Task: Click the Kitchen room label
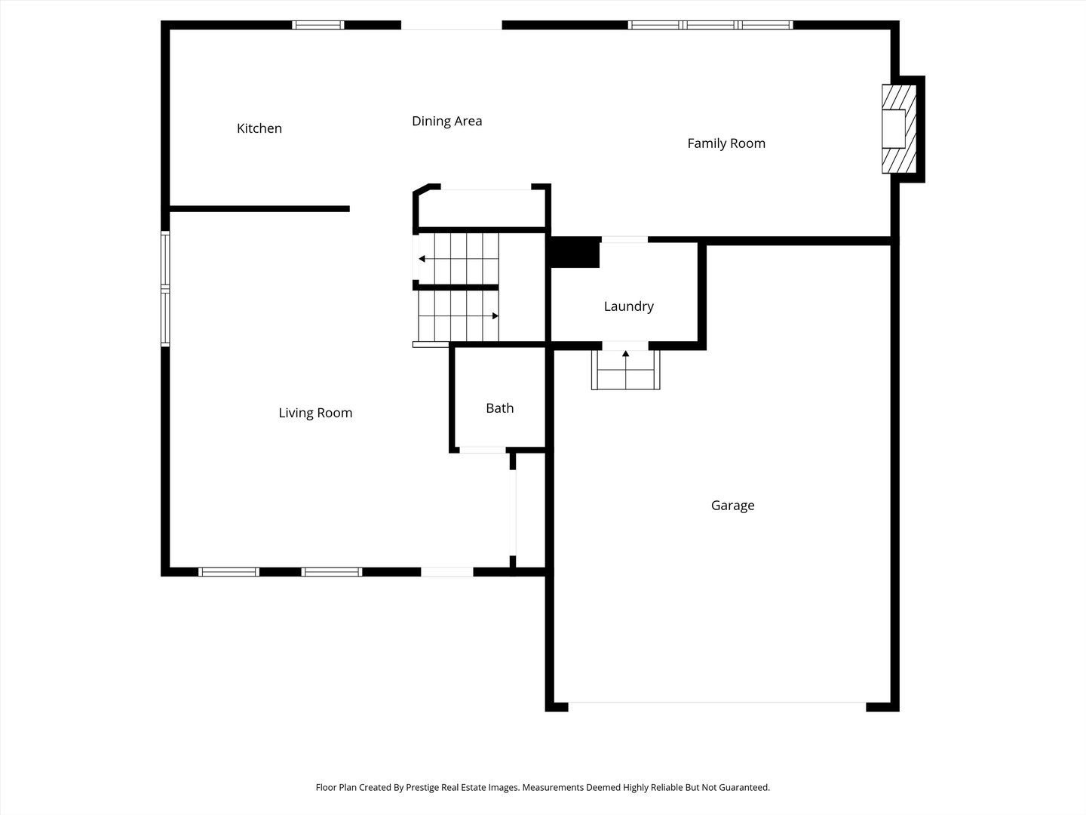point(259,128)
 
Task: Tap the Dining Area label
point(446,121)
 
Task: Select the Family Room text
point(726,143)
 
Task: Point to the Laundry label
point(629,306)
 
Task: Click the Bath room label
point(500,408)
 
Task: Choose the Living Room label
point(315,413)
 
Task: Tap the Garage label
point(733,506)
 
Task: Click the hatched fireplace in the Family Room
point(899,129)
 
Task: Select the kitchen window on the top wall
point(318,25)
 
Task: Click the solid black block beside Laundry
point(575,252)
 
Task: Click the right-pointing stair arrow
point(459,315)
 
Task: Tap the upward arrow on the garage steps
point(626,370)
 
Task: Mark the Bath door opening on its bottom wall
point(483,450)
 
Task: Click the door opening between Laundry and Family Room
point(624,240)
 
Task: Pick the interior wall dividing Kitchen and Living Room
point(259,209)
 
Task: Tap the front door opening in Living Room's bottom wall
point(447,572)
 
